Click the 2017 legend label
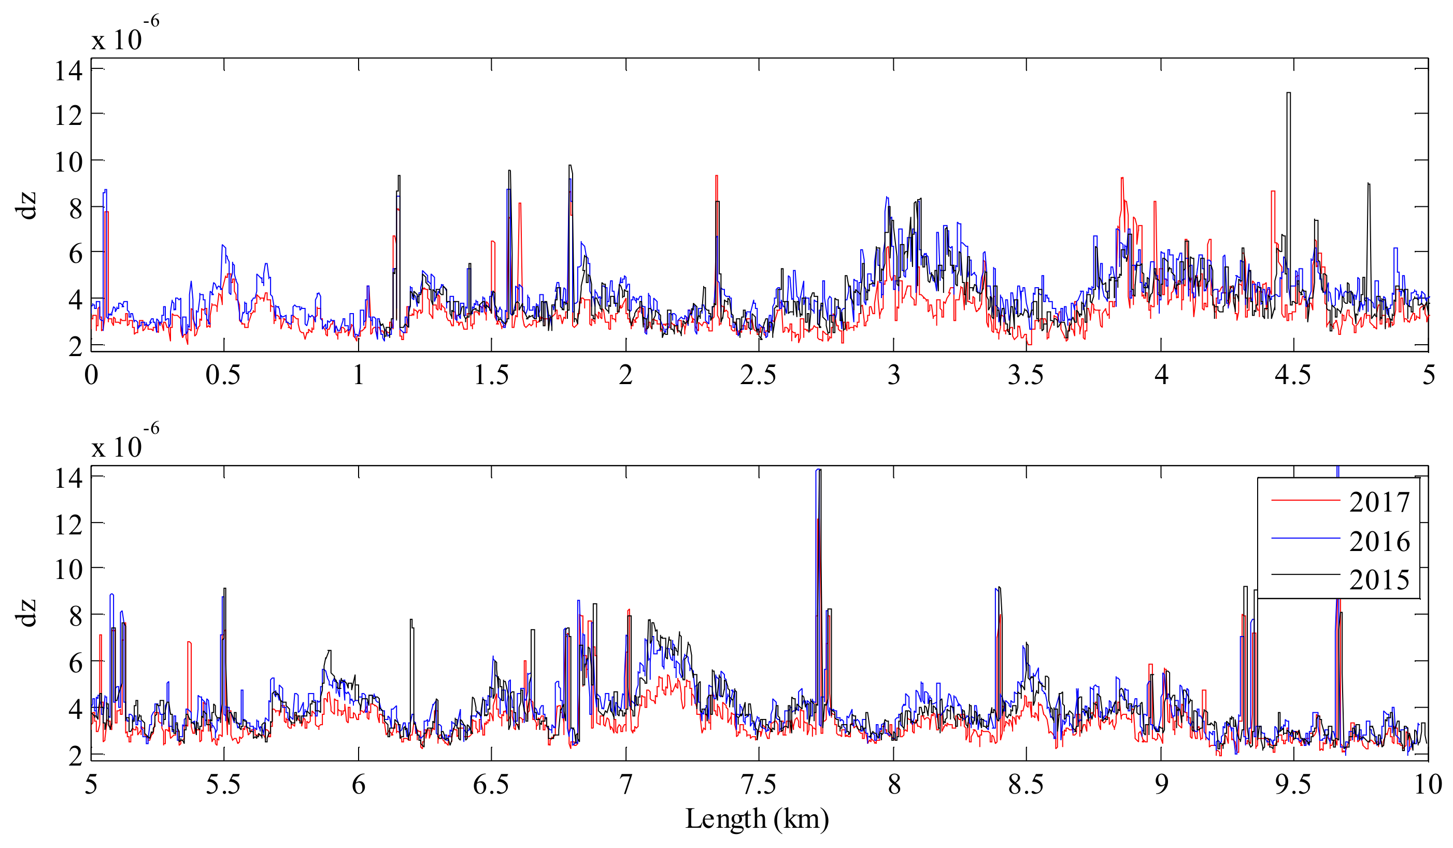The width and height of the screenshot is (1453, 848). tap(1380, 502)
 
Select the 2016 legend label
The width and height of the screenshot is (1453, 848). tap(1380, 542)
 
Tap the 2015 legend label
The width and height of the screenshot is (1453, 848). tap(1380, 580)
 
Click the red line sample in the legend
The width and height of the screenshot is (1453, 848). tap(1305, 500)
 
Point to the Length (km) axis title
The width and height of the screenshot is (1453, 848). tap(757, 818)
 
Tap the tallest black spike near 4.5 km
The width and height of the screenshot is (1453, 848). tap(1288, 93)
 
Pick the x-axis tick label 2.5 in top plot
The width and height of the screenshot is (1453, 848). tap(758, 376)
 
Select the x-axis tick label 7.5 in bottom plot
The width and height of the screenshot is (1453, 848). tap(758, 785)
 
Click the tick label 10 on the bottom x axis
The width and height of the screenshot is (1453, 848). tap(1427, 785)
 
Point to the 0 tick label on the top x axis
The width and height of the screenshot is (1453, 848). tap(91, 376)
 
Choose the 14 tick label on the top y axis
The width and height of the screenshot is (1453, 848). tap(68, 71)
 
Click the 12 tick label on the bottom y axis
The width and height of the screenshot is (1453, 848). tap(68, 525)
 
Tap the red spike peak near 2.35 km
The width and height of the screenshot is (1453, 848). tap(716, 177)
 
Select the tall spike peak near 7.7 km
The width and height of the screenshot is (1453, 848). tap(818, 471)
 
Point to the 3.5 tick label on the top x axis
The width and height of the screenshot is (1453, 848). tap(1025, 376)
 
